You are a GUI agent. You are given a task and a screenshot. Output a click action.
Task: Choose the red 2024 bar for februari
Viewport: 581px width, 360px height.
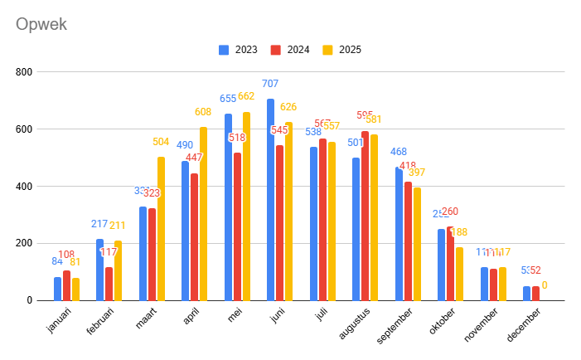pyautogui.click(x=109, y=283)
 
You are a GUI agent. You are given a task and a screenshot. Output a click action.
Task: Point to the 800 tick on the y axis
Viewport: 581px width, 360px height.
pyautogui.click(x=24, y=72)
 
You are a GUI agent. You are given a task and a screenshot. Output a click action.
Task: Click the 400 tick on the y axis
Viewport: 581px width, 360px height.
pyautogui.click(x=24, y=187)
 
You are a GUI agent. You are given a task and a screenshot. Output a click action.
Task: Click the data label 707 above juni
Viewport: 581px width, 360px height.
pyautogui.click(x=270, y=84)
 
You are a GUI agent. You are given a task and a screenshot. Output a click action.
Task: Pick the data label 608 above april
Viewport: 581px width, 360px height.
pyautogui.click(x=203, y=112)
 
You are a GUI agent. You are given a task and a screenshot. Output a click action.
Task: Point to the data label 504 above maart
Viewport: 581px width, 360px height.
pyautogui.click(x=161, y=142)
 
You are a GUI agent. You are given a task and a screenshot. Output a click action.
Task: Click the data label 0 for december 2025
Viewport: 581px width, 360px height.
pyautogui.click(x=545, y=285)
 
